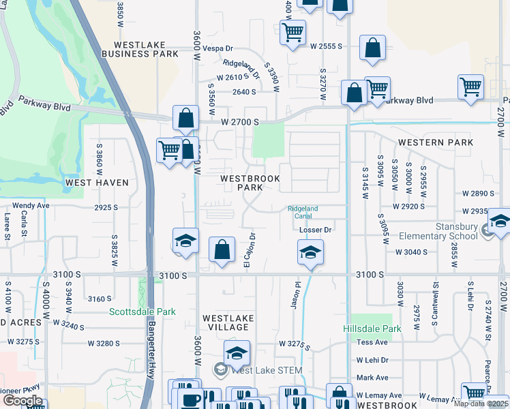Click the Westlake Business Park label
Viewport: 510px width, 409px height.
click(x=140, y=49)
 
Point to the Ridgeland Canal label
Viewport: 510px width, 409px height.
click(x=303, y=212)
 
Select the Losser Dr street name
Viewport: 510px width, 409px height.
click(x=315, y=230)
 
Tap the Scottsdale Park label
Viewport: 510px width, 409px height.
click(x=142, y=312)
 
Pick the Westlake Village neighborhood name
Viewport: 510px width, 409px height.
click(x=228, y=322)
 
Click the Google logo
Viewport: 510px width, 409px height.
click(x=22, y=400)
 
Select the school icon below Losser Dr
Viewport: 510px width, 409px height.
click(x=310, y=254)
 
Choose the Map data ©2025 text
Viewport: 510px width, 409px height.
click(x=481, y=404)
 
